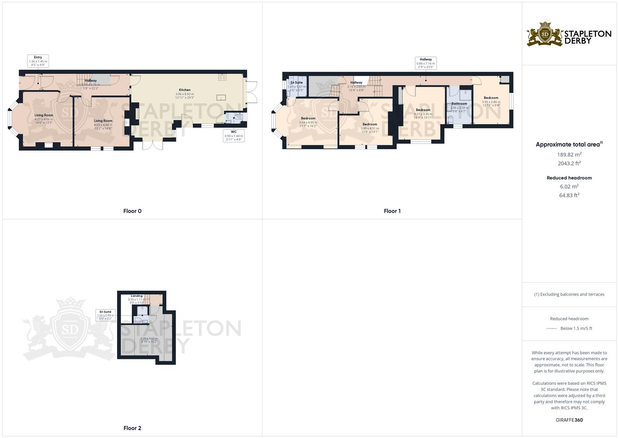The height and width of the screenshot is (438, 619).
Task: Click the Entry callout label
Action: (x=38, y=61)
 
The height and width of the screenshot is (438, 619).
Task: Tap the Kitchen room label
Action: (x=184, y=90)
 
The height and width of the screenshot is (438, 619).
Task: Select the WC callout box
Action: (x=233, y=135)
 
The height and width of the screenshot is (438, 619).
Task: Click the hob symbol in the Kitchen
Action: (x=222, y=77)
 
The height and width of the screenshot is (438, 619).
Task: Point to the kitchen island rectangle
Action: (x=221, y=97)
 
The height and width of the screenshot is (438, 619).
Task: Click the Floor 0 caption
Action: (x=132, y=211)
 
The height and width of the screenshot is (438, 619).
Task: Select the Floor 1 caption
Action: (x=392, y=211)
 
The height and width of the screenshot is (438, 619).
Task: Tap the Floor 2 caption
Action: (x=132, y=428)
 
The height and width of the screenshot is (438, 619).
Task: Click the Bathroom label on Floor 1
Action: (x=459, y=103)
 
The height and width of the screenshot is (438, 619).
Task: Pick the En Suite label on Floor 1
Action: (x=296, y=83)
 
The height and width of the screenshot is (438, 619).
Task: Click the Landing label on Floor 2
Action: (x=137, y=296)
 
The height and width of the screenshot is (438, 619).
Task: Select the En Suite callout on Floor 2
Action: (x=105, y=315)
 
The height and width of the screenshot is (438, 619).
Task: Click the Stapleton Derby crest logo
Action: (x=545, y=34)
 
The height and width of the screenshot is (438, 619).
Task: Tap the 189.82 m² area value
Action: (x=569, y=155)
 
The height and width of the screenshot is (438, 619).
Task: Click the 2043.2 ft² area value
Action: (x=569, y=163)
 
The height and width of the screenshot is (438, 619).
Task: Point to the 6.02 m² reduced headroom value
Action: (x=569, y=187)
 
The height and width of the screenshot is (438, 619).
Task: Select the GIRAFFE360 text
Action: (x=569, y=420)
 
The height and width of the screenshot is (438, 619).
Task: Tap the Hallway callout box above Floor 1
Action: (x=426, y=63)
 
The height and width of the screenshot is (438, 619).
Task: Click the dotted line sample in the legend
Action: (x=551, y=328)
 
